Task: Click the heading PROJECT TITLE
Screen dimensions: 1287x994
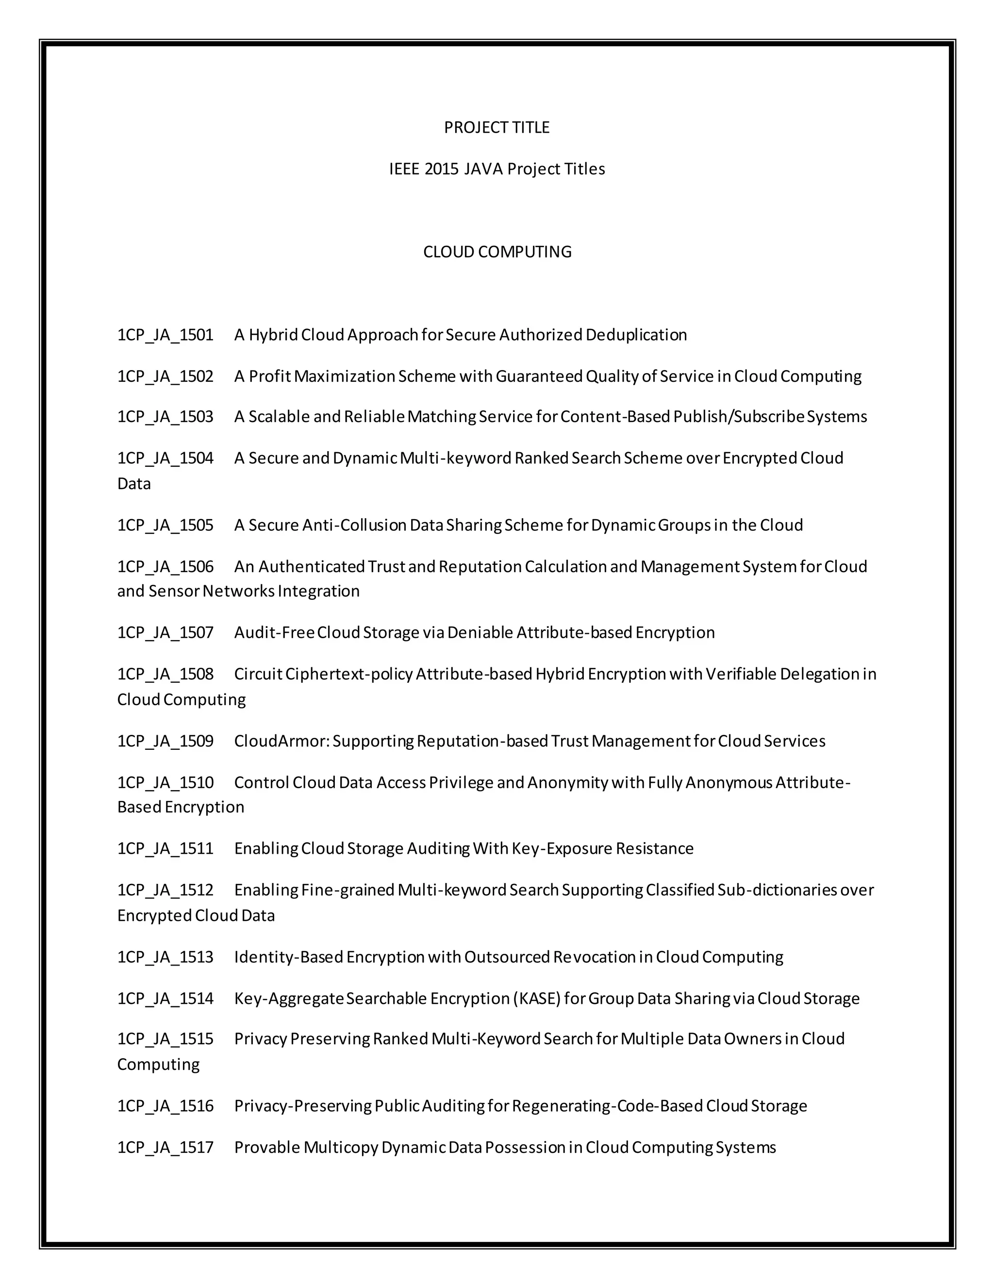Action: click(497, 127)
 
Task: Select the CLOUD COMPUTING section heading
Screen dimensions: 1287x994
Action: click(497, 252)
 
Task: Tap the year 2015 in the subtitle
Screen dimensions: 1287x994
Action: click(441, 169)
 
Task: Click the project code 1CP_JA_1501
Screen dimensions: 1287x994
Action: click(165, 335)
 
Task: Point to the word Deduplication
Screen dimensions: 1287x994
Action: click(636, 335)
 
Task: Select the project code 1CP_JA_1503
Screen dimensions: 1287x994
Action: click(165, 417)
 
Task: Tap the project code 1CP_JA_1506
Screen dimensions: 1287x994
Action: click(165, 566)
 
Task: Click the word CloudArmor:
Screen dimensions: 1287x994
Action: click(282, 741)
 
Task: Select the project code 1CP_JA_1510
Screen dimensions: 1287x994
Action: click(165, 782)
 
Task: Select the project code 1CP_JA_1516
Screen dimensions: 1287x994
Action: click(165, 1105)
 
